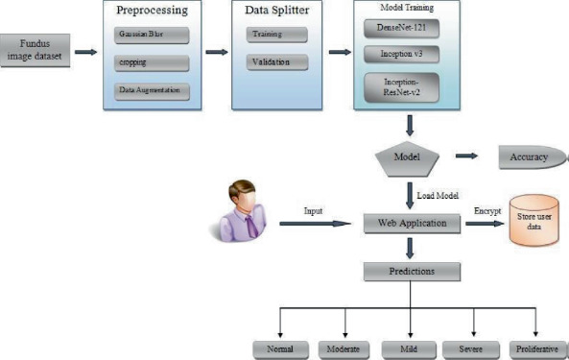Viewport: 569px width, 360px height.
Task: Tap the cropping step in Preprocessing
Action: tap(149, 63)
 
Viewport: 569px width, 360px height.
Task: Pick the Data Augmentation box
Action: tap(149, 91)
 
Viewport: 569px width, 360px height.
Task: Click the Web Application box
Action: tap(409, 224)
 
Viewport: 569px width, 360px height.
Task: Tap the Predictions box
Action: tap(409, 272)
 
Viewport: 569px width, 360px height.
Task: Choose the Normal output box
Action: tap(279, 348)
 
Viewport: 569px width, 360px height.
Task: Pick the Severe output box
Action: tap(471, 348)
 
